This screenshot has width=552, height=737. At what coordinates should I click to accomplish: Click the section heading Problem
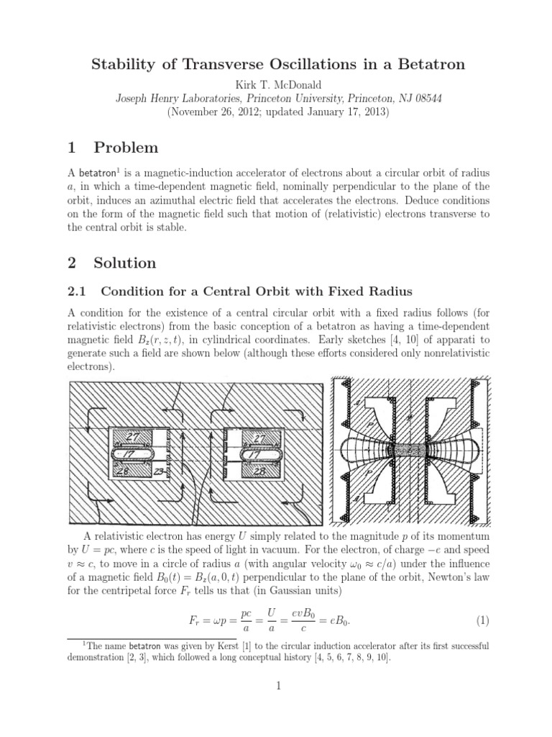click(x=126, y=148)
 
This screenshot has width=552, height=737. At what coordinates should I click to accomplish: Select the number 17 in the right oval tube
click(x=252, y=455)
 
